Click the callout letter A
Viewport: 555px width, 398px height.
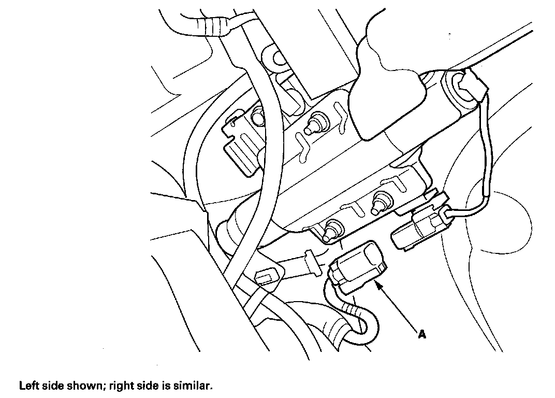pos(422,335)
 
